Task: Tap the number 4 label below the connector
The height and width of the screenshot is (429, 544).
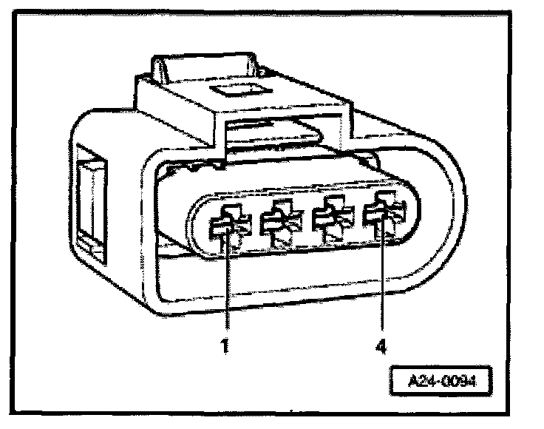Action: [382, 345]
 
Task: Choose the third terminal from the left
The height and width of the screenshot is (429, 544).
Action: [331, 220]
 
